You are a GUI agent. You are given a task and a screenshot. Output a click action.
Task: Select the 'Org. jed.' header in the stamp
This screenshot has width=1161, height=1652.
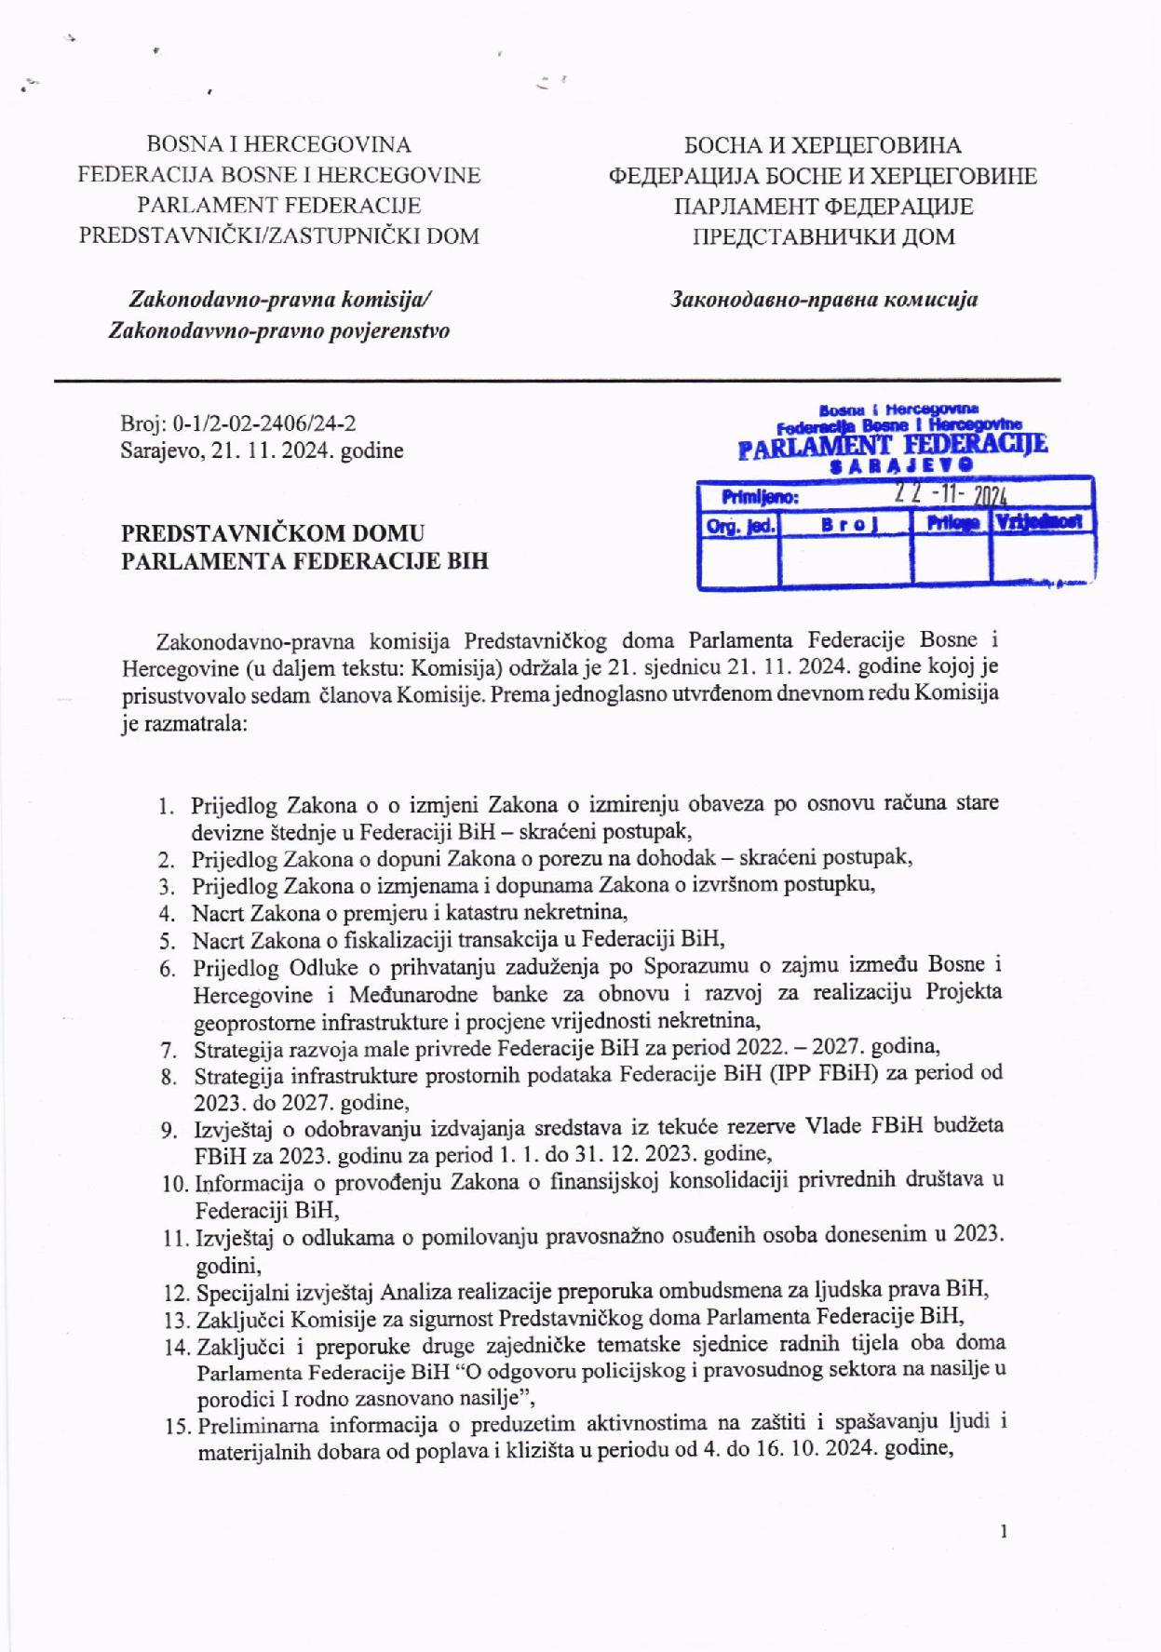[741, 525]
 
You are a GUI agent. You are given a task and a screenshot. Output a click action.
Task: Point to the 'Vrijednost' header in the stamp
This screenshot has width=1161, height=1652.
[1040, 522]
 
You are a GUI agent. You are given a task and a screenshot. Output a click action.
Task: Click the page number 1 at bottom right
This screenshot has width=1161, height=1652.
[1003, 1531]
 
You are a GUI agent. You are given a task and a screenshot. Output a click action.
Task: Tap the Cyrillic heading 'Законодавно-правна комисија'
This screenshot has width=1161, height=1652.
[824, 300]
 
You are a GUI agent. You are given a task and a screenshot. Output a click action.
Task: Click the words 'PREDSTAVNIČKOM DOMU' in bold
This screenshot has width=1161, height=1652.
[273, 534]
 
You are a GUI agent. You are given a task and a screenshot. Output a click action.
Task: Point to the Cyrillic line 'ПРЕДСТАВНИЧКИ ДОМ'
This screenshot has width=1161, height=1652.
[823, 236]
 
